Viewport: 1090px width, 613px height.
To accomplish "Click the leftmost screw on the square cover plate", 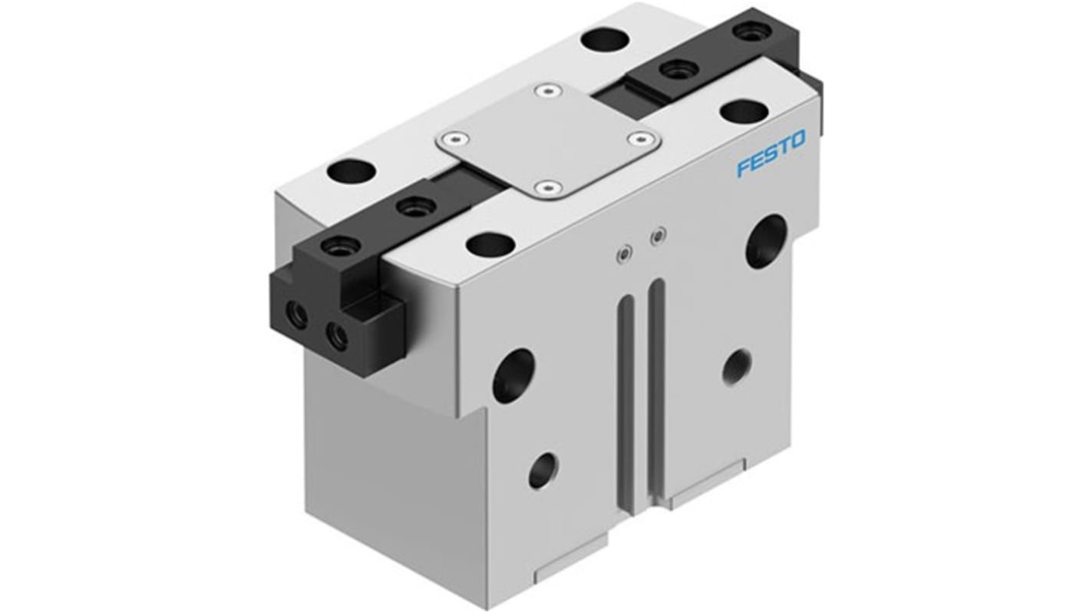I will pyautogui.click(x=453, y=140).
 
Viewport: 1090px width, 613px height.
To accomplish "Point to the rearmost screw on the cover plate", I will pyautogui.click(x=546, y=92).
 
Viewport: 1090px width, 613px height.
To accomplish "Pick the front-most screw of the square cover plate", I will pyautogui.click(x=547, y=187).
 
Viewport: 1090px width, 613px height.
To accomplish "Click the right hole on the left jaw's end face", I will pyautogui.click(x=336, y=334).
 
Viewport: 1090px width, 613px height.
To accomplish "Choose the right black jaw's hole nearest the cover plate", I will pyautogui.click(x=674, y=69).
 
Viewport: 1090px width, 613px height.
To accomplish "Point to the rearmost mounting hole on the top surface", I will pyautogui.click(x=600, y=38).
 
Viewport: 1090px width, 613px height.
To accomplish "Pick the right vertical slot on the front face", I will pyautogui.click(x=656, y=384).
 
